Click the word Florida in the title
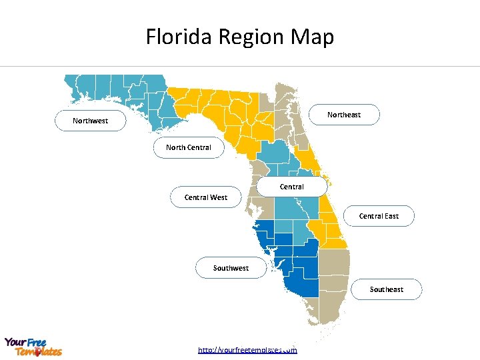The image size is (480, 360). click(x=173, y=37)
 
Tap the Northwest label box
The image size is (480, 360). click(x=90, y=121)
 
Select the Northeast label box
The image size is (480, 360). click(x=345, y=115)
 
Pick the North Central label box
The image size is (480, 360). click(x=189, y=147)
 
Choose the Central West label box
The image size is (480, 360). click(x=206, y=197)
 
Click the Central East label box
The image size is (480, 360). click(x=379, y=216)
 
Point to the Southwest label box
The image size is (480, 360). click(x=231, y=268)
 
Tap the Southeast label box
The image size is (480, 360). click(x=387, y=289)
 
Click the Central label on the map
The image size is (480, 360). click(x=292, y=187)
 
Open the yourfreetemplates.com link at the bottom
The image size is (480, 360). click(x=247, y=349)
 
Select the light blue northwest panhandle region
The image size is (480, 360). click(x=120, y=90)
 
